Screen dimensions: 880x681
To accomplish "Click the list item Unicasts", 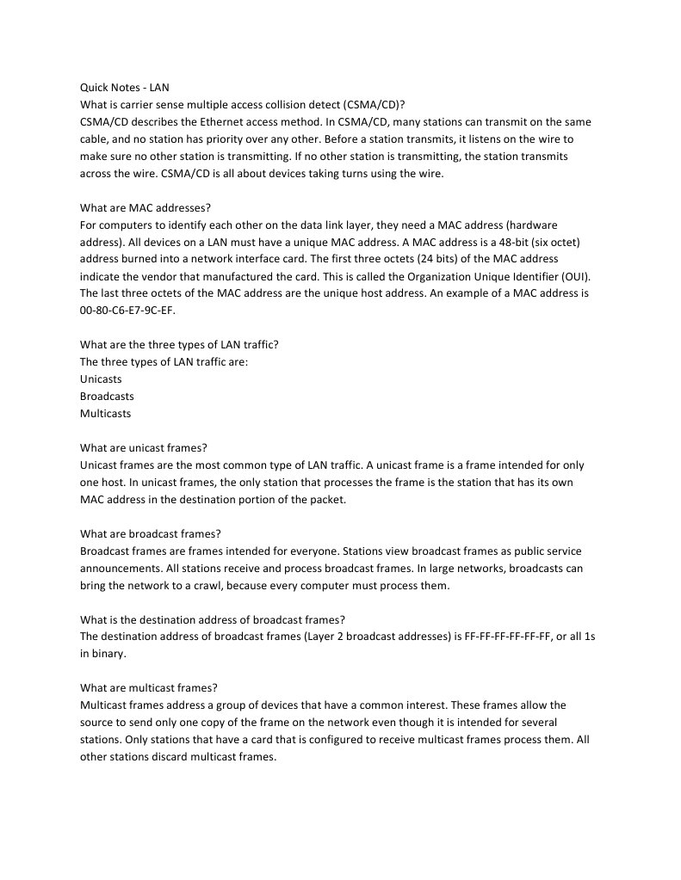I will (x=101, y=379).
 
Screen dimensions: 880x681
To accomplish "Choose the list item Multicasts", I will (x=105, y=414).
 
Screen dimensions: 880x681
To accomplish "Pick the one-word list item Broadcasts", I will (x=107, y=397).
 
